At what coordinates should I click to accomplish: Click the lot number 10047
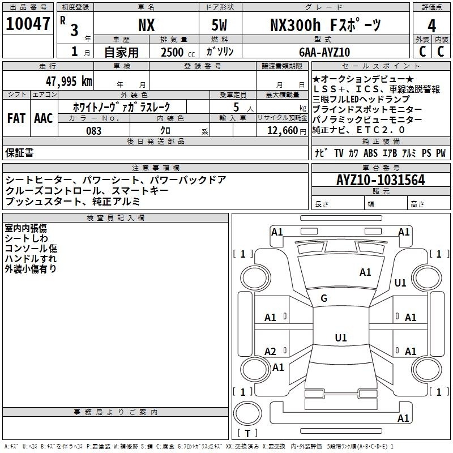[x=28, y=24]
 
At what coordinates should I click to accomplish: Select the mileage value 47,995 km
[x=69, y=82]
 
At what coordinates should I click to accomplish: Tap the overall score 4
[x=431, y=26]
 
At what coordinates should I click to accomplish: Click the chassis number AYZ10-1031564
[x=381, y=180]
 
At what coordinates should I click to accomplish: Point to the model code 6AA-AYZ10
[x=324, y=52]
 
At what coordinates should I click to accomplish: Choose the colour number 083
[x=94, y=131]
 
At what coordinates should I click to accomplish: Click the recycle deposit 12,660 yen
[x=287, y=131]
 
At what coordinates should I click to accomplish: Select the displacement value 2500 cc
[x=178, y=53]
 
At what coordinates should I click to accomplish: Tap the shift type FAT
[x=16, y=118]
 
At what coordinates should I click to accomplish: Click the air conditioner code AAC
[x=44, y=118]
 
